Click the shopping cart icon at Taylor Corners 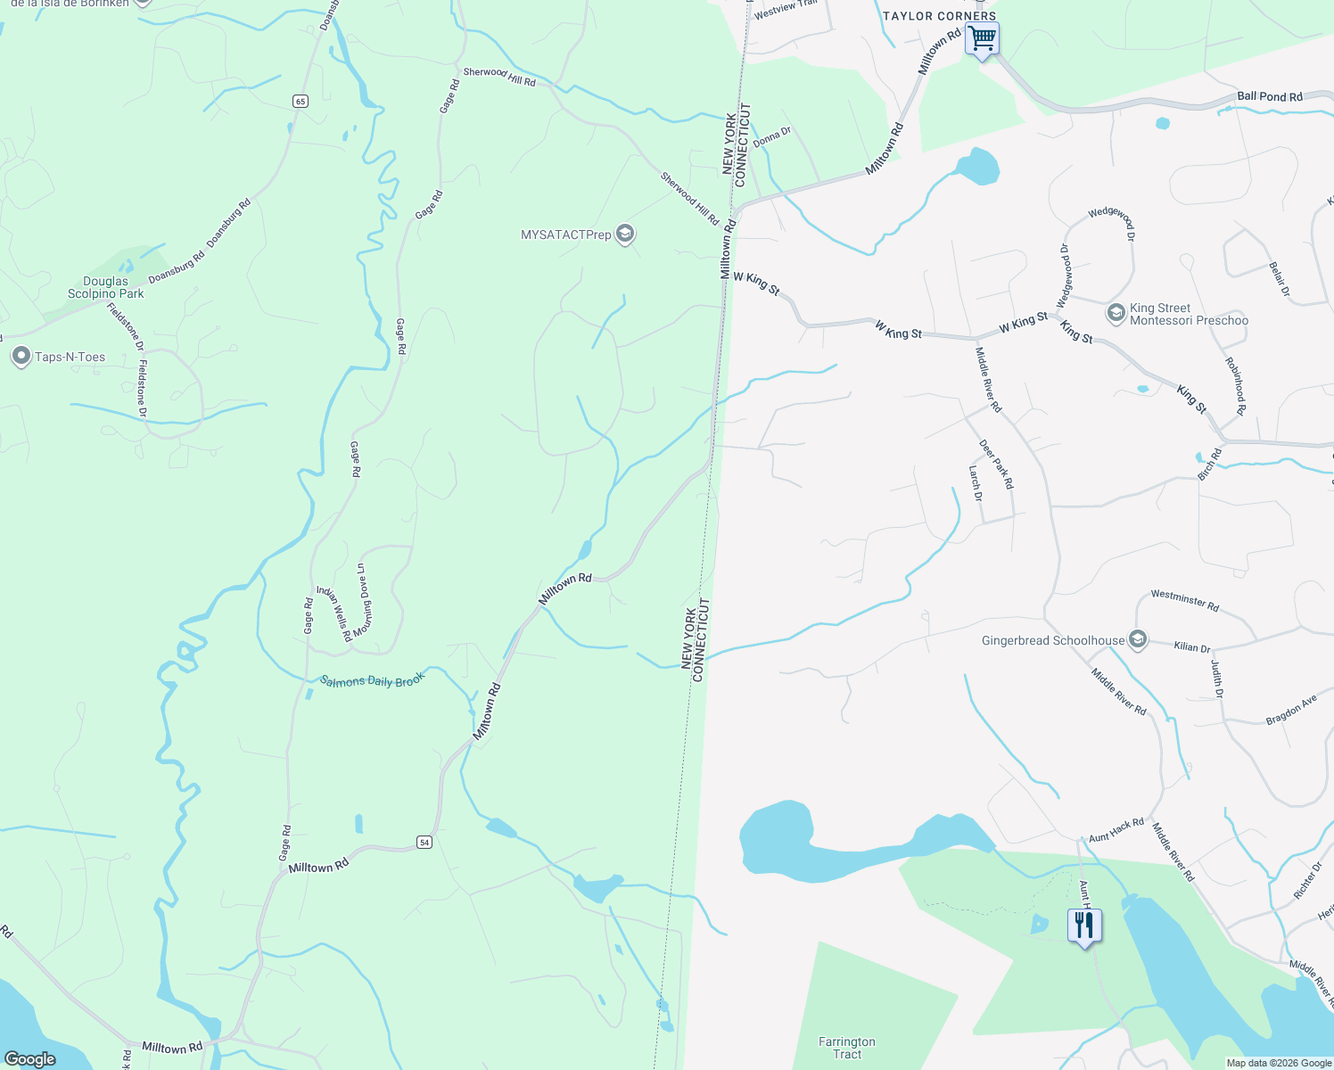tap(982, 39)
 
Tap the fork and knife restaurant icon tap(1084, 926)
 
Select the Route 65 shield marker tap(301, 101)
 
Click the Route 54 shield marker tap(424, 842)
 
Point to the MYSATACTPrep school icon tap(625, 235)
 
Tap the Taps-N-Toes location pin tap(21, 357)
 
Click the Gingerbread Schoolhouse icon tap(1137, 640)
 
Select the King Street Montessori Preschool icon tap(1116, 313)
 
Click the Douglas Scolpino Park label tap(106, 287)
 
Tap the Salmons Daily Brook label tap(372, 680)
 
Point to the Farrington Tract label tap(847, 1048)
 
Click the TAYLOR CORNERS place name tap(939, 16)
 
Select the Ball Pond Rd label tap(1270, 96)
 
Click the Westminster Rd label tap(1184, 599)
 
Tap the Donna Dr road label tap(772, 136)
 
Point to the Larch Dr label tap(976, 482)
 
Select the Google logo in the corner tap(29, 1059)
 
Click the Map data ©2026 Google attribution tap(1279, 1063)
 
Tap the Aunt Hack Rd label tap(1116, 830)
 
